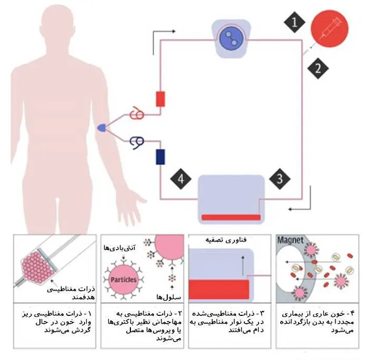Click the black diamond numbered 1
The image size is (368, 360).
point(294,23)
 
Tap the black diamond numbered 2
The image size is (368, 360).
point(318,68)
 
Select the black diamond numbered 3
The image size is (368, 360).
point(280,179)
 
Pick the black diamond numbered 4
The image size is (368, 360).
point(181,179)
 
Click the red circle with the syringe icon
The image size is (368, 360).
point(330,28)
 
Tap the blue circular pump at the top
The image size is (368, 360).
point(231,38)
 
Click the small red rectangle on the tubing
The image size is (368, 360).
point(160,99)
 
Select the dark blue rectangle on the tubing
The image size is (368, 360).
point(160,157)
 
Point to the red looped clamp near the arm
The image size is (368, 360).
point(137,114)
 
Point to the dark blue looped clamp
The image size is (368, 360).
point(137,142)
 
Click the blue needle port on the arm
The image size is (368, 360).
point(101,128)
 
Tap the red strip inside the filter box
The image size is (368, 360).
point(231,218)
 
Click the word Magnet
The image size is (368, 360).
point(290,240)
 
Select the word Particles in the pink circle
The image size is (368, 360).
point(124,280)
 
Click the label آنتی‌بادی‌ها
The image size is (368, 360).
point(120,248)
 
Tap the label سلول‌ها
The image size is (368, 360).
point(169,297)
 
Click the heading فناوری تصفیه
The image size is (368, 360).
point(226,240)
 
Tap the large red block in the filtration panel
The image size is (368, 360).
point(219,290)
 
